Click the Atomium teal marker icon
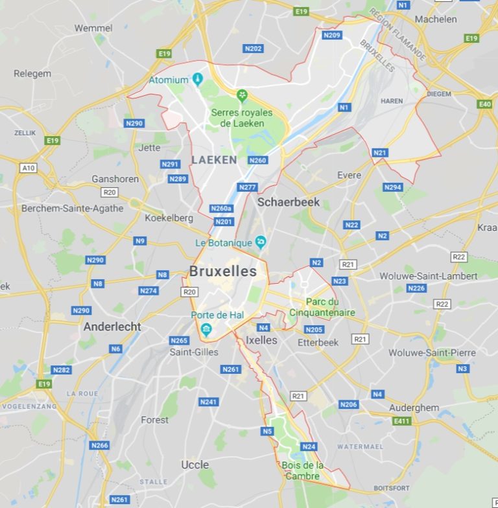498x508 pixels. coord(198,80)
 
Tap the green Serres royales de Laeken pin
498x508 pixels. coord(243,97)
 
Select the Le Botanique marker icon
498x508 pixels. coord(261,242)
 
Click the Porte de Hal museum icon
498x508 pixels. coord(206,329)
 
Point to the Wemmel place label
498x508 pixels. coord(93,28)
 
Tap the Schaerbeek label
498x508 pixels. coord(289,202)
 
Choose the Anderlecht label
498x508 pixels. coord(112,327)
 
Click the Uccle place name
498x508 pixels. coord(195,465)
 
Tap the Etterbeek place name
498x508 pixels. coord(318,342)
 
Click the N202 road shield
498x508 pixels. coord(253,49)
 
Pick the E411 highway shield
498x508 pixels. coord(402,421)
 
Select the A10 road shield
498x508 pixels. coord(28,168)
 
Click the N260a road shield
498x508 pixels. coord(221,209)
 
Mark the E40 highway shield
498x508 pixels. coord(484,104)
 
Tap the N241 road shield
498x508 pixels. coord(208,402)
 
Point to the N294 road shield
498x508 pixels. coord(392,187)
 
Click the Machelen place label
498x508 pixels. coord(435,19)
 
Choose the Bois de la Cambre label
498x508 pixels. coord(302,471)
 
